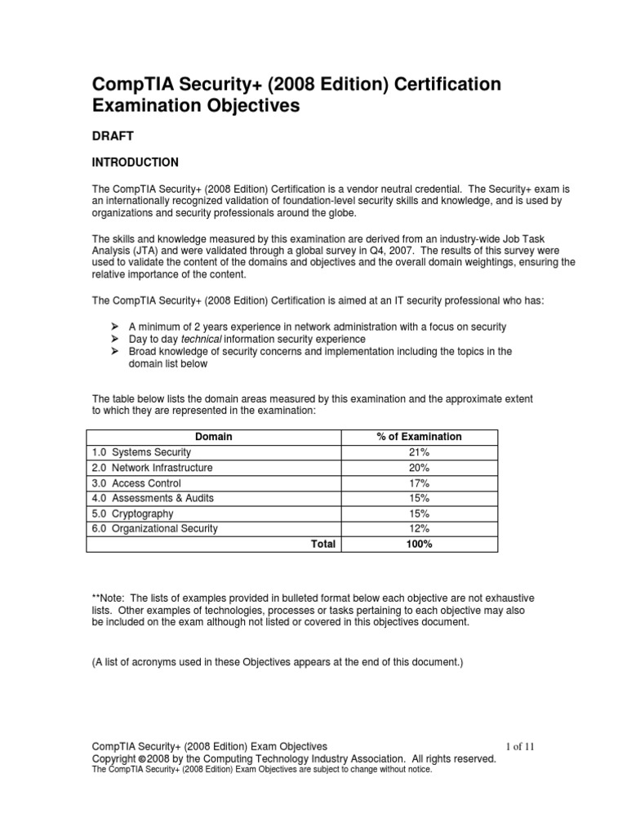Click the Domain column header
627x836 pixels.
click(x=214, y=437)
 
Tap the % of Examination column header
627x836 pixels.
click(x=419, y=437)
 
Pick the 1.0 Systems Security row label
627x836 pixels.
click(x=141, y=452)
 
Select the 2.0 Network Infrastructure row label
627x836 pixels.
click(x=152, y=468)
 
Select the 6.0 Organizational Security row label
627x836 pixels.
click(x=154, y=528)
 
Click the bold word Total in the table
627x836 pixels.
click(x=322, y=544)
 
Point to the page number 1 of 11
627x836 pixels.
click(x=520, y=746)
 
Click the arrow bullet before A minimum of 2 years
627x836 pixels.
click(x=116, y=327)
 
